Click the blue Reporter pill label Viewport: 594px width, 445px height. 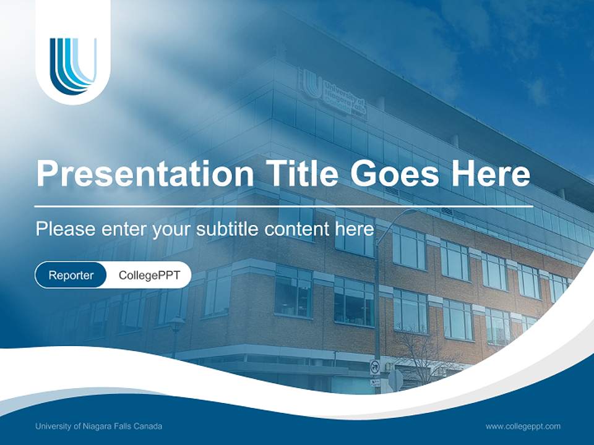(71, 275)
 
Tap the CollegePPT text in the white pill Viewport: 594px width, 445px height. (149, 275)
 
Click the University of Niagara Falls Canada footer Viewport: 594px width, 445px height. (99, 426)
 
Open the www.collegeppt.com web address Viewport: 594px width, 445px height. (523, 426)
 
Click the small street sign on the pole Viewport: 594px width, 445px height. (374, 368)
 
